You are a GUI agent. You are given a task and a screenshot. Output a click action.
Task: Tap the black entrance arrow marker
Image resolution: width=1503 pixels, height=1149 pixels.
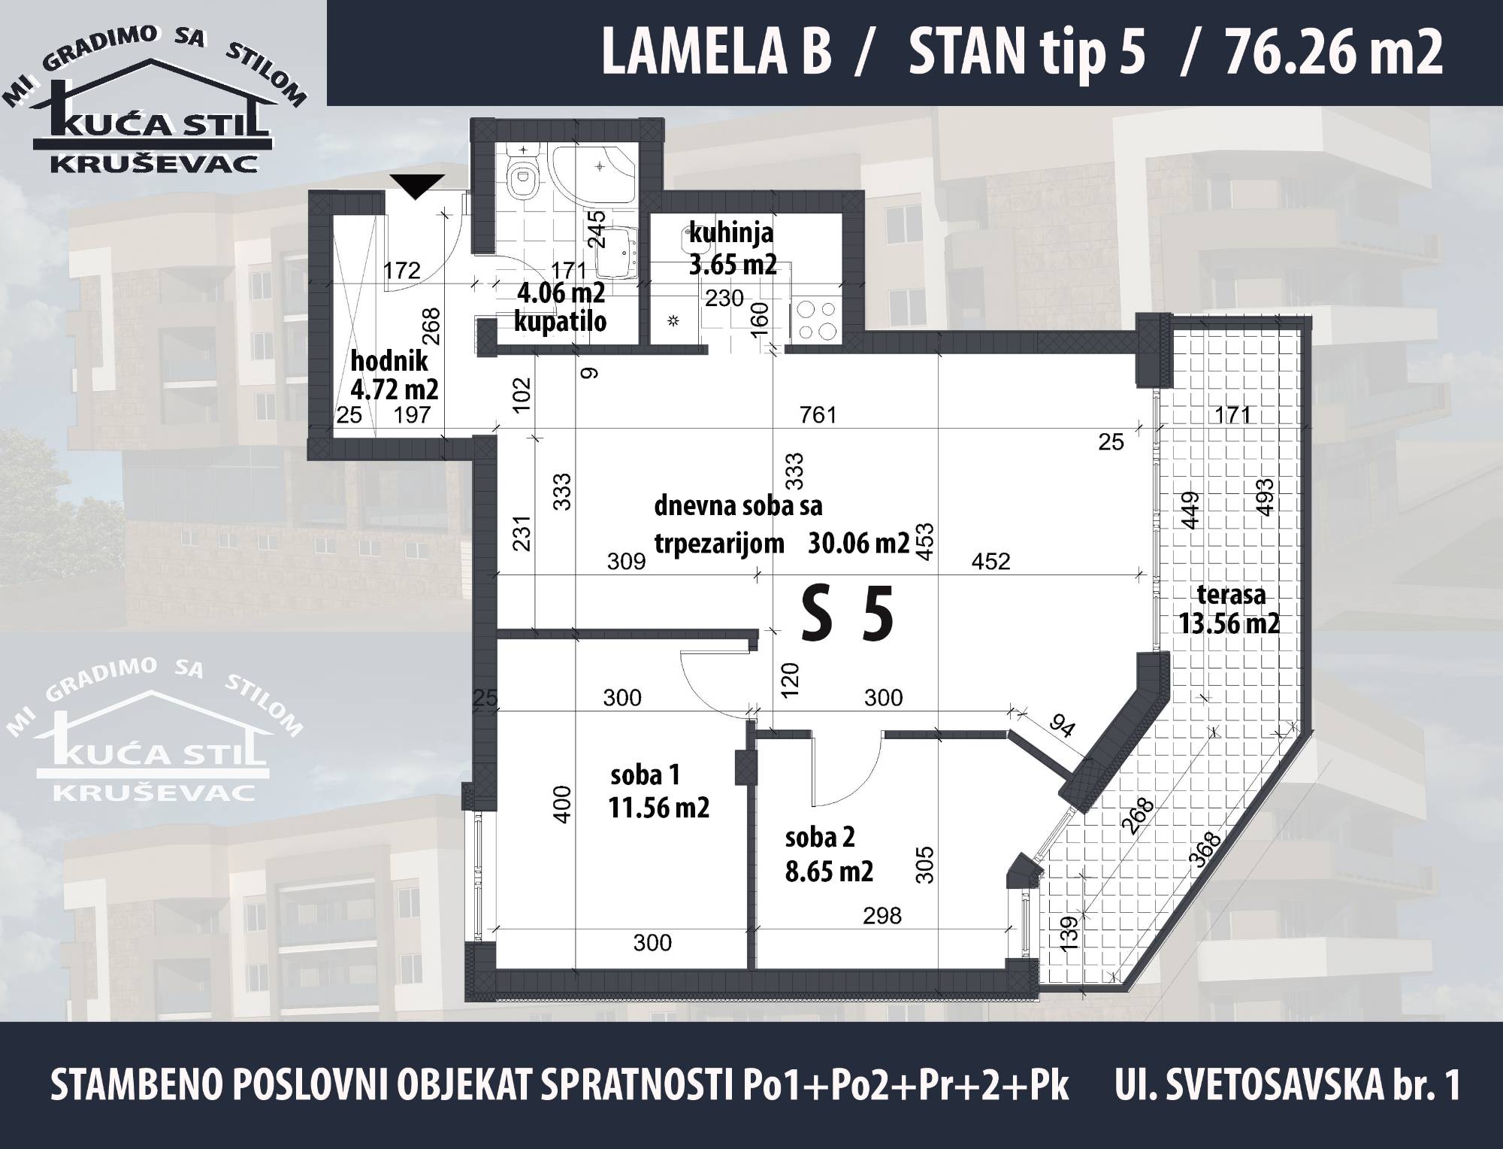(418, 186)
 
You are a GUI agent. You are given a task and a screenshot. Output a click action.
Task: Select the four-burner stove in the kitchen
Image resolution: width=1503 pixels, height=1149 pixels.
(812, 320)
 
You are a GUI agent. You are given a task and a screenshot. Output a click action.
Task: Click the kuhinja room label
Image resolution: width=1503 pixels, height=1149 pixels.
(731, 234)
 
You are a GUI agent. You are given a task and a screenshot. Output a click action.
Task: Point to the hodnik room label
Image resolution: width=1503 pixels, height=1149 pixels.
(389, 361)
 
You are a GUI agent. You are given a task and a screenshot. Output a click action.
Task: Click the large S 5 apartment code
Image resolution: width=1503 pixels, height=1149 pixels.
(848, 614)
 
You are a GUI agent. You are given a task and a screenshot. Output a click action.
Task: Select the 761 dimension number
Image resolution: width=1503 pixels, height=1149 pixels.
(818, 414)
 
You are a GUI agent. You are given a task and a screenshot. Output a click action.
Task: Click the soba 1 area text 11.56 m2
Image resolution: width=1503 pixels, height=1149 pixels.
(659, 808)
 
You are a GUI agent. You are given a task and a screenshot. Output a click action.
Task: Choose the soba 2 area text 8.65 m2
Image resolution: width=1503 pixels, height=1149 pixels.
(829, 871)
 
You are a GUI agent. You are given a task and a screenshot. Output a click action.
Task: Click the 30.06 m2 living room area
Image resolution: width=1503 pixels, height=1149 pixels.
(859, 542)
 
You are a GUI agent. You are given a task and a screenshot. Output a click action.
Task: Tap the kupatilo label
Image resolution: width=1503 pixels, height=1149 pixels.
(560, 322)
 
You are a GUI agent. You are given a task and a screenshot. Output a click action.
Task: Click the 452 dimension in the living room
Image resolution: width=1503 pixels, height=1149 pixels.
(990, 561)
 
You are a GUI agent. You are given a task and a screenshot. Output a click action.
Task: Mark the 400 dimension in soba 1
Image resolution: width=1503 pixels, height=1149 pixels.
(565, 803)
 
